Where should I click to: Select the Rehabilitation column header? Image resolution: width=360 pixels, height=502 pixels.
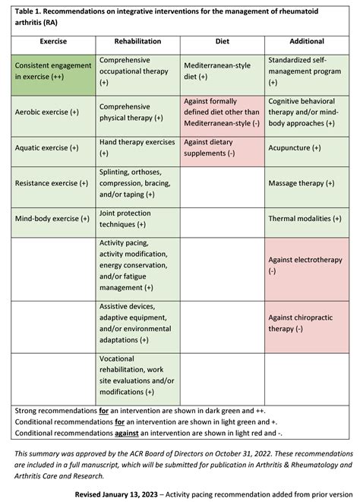click(137, 41)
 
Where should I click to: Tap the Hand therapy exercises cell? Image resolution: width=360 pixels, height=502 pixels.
click(137, 147)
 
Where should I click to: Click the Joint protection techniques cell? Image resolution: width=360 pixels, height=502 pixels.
click(137, 219)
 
